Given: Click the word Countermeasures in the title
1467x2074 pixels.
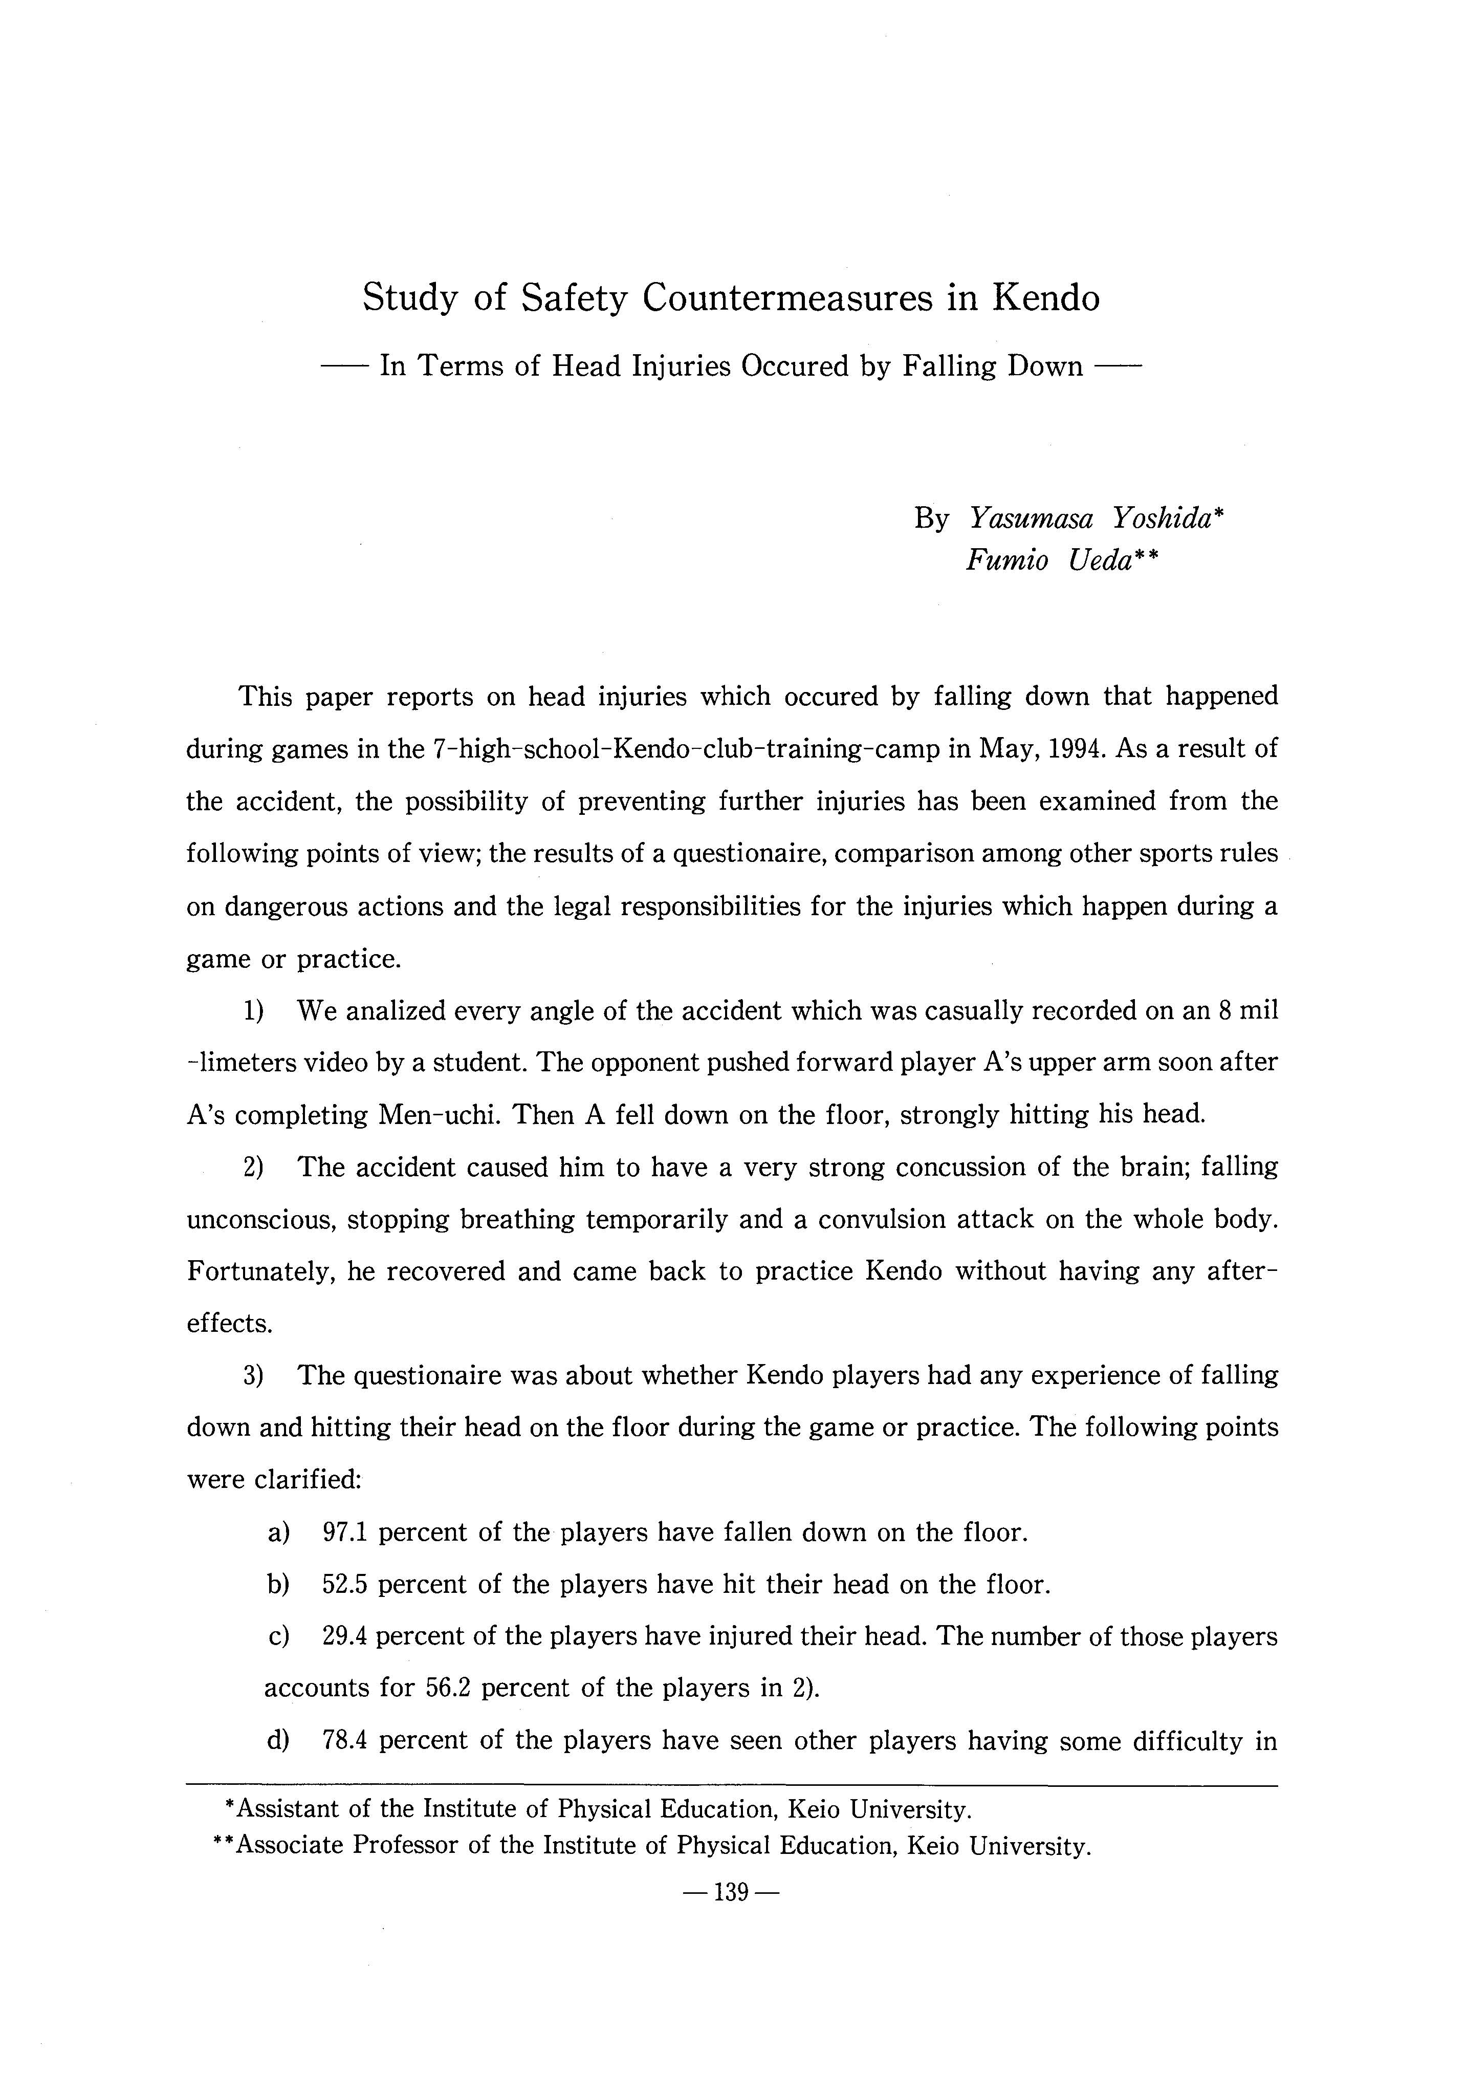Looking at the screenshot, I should click(787, 298).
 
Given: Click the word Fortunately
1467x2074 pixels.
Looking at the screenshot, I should click(262, 1272).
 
